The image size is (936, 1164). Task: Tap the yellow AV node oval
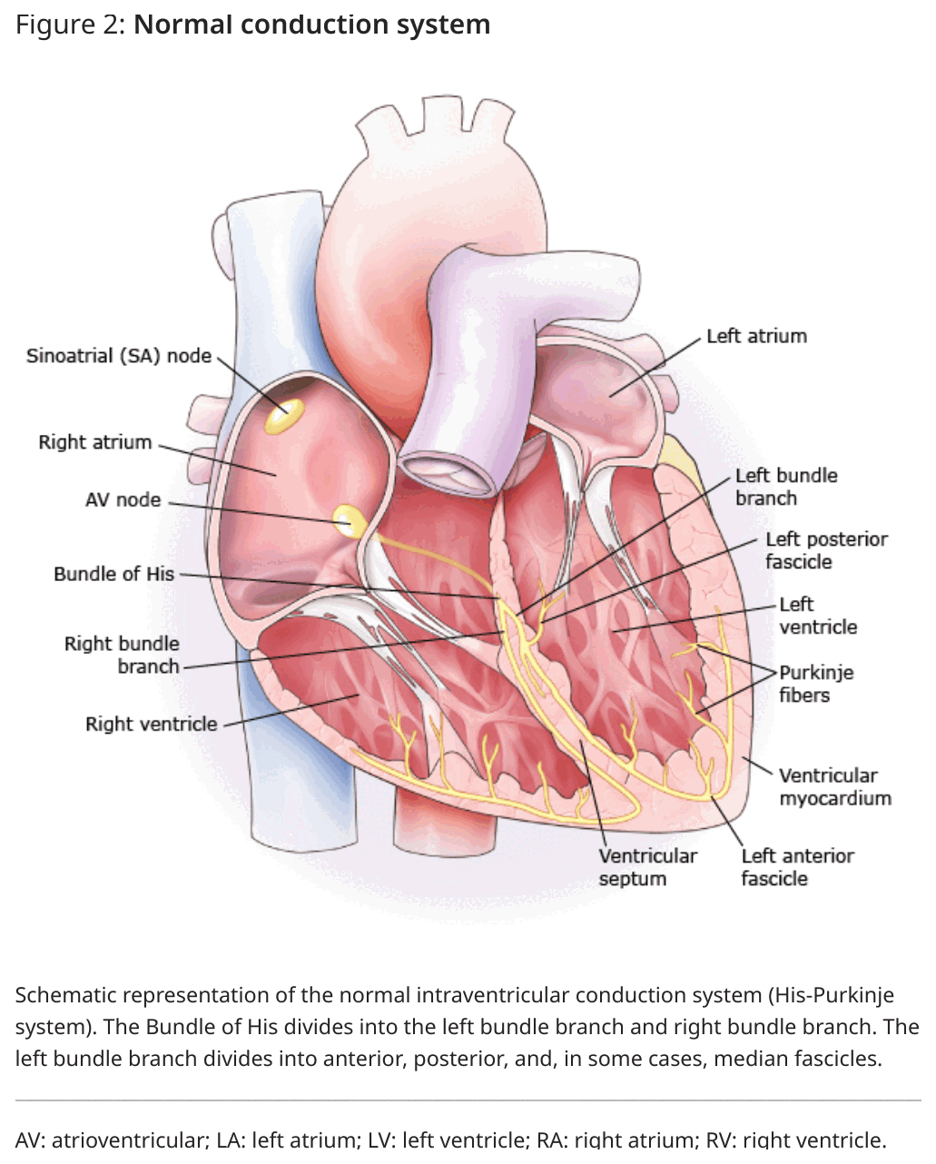click(349, 520)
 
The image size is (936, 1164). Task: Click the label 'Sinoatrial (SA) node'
click(119, 356)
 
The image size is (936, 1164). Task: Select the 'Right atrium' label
click(95, 442)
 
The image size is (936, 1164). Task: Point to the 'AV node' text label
click(123, 499)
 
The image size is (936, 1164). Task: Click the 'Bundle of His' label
click(114, 574)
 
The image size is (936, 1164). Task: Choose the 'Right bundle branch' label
click(122, 655)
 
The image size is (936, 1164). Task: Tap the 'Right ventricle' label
click(152, 724)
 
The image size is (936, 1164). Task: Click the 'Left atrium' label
click(757, 336)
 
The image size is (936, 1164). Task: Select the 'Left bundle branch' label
click(786, 487)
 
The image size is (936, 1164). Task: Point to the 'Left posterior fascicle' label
click(827, 550)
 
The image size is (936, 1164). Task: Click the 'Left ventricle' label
click(818, 616)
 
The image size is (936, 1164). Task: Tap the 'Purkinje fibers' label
click(816, 684)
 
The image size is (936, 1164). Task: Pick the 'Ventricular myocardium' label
click(835, 787)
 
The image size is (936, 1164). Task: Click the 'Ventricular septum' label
click(648, 867)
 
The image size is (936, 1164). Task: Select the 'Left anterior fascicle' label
click(797, 867)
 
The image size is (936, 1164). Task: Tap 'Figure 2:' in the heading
click(70, 25)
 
